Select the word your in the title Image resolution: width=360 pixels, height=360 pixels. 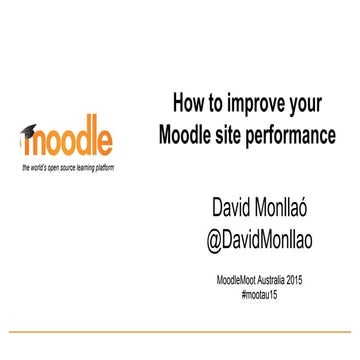[x=304, y=104]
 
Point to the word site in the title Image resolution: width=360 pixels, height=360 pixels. [x=242, y=133]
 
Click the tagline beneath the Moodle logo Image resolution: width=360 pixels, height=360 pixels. [x=68, y=165]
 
